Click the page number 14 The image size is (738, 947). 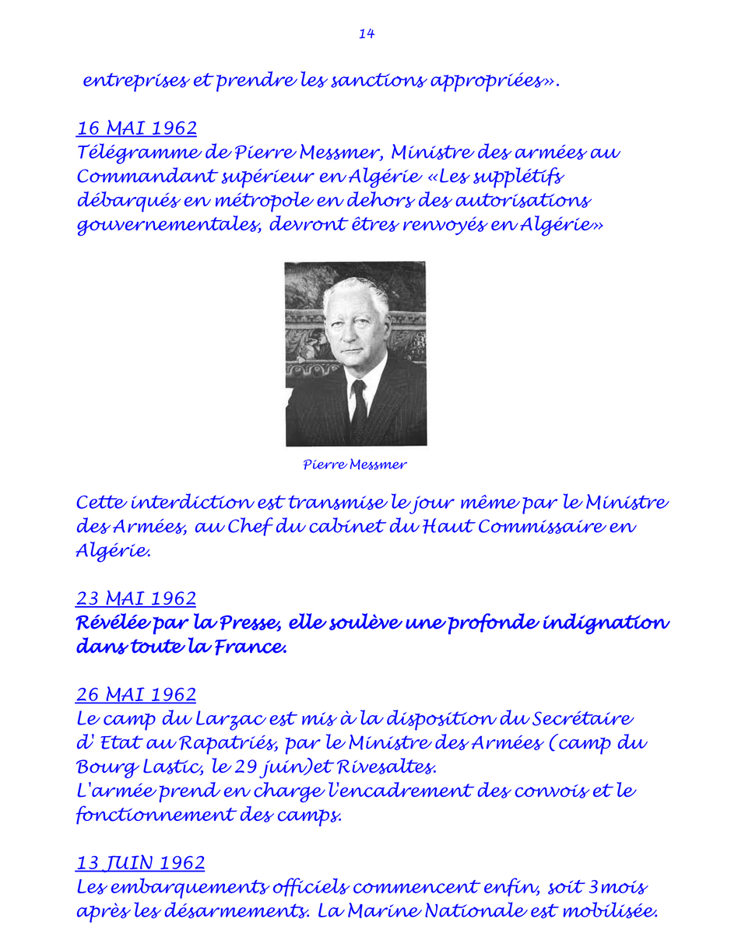(367, 33)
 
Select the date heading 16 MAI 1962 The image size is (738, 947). (136, 128)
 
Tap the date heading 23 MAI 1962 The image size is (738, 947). (136, 598)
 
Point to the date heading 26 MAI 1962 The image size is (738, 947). (136, 694)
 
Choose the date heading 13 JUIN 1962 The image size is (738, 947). (141, 863)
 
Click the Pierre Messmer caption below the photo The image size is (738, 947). (355, 465)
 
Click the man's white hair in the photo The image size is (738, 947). (355, 292)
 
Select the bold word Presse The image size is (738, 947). (240, 623)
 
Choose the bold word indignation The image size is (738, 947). (603, 623)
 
